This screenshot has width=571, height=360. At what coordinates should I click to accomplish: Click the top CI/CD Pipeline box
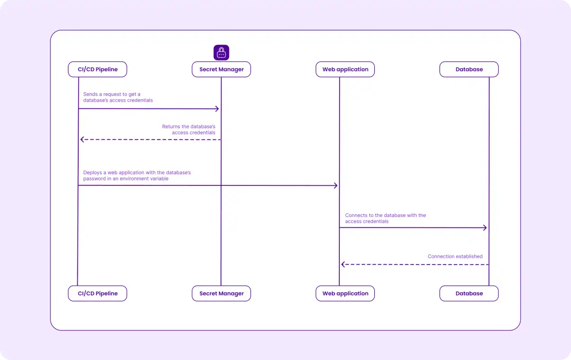(x=97, y=69)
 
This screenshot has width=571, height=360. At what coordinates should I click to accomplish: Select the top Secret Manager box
(x=221, y=69)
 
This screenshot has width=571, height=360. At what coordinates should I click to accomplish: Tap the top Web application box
(x=345, y=69)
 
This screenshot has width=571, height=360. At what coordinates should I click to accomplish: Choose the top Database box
(x=469, y=69)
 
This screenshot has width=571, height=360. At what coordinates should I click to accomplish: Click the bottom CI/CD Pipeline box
(x=97, y=293)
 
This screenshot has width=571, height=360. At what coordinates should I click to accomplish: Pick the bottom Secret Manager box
(x=221, y=293)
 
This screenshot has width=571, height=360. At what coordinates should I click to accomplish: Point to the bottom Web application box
(x=345, y=293)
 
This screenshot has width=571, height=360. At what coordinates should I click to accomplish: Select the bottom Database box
(x=469, y=293)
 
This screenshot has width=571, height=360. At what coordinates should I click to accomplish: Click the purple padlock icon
(x=221, y=53)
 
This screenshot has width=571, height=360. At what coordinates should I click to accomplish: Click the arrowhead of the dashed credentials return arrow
(x=81, y=139)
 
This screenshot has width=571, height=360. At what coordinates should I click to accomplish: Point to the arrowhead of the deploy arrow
(x=337, y=185)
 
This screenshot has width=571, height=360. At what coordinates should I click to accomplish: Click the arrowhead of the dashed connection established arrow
(x=342, y=265)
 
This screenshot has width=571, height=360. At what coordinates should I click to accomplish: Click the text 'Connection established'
(x=455, y=256)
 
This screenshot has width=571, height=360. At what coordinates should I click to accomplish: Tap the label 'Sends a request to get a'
(x=112, y=94)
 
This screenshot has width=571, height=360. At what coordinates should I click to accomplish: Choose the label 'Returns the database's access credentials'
(x=189, y=130)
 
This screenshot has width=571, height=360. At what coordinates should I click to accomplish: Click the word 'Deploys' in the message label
(x=93, y=173)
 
